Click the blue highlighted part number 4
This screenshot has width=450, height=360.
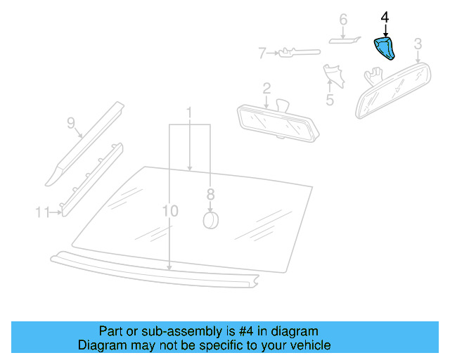(x=384, y=49)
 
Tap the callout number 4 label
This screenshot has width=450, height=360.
(x=384, y=15)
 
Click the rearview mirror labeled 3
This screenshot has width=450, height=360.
(x=394, y=88)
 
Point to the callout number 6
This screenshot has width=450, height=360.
(x=343, y=19)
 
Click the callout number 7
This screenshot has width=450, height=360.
(x=262, y=52)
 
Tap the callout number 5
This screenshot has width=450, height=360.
(x=330, y=99)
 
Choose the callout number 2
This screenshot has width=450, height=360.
(x=266, y=88)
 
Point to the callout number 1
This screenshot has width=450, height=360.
(x=189, y=112)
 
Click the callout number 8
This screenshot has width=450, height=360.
(x=210, y=194)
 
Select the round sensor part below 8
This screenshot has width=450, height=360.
(x=210, y=221)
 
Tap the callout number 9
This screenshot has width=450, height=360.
(x=70, y=123)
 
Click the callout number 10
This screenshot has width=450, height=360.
(x=169, y=210)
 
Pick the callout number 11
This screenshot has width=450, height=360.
(x=41, y=210)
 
